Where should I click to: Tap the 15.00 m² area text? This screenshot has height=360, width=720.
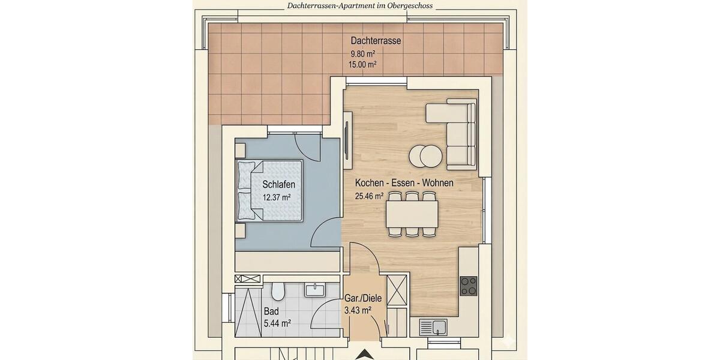click(x=362, y=64)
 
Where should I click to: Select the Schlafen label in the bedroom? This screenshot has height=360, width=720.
click(x=278, y=185)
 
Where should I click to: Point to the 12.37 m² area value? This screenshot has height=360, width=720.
click(x=277, y=197)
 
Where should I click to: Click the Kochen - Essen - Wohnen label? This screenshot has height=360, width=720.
click(x=404, y=183)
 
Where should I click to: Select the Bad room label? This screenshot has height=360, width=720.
click(x=271, y=312)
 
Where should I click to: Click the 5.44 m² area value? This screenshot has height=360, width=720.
click(x=277, y=323)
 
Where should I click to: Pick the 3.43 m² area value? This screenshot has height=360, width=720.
click(x=358, y=310)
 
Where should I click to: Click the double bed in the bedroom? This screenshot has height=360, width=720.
click(x=270, y=190)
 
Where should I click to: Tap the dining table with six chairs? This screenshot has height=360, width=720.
click(x=412, y=214)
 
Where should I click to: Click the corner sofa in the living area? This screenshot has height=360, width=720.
click(x=456, y=129)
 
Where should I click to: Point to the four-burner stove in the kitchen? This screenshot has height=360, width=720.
click(x=469, y=286)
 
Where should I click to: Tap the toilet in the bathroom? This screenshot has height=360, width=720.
click(x=277, y=292)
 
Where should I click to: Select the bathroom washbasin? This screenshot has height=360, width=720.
click(x=314, y=290)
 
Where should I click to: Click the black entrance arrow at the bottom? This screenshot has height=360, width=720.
click(x=364, y=355)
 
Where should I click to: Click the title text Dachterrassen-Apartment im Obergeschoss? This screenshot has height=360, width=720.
click(x=359, y=6)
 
